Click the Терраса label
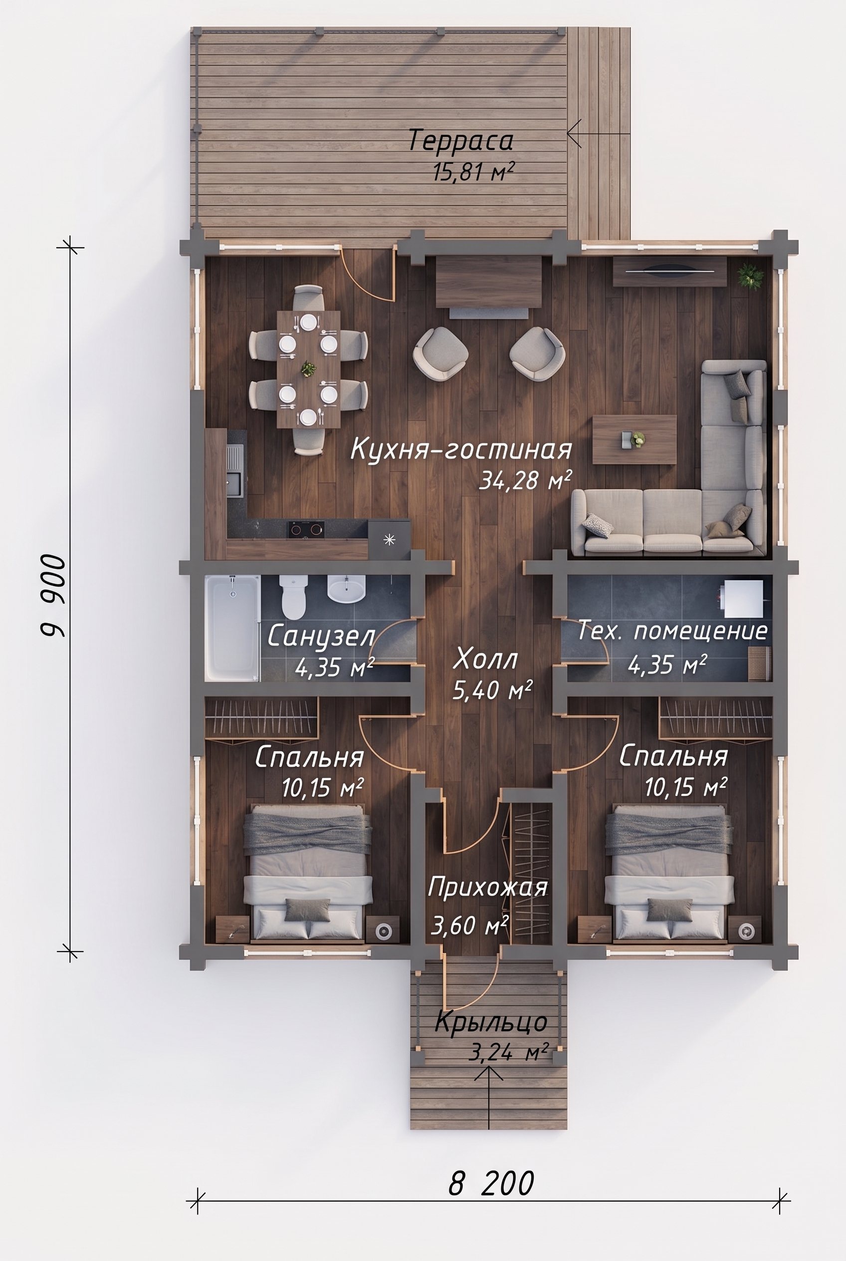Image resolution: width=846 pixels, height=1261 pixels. pos(460,141)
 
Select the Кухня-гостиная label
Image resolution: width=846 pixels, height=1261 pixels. pos(461,449)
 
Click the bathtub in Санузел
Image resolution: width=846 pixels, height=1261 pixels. pos(232,628)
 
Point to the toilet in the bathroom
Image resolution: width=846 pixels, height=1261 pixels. pos(293,596)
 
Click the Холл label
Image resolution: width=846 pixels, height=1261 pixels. pos(485,659)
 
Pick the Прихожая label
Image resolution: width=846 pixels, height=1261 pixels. pos(488,888)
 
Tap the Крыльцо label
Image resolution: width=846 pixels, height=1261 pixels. pos(491,1022)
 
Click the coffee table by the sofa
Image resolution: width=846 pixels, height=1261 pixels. pos(634,439)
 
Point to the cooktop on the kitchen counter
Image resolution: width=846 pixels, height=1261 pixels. pos(305,530)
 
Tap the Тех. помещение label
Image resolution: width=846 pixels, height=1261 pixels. pos(673,630)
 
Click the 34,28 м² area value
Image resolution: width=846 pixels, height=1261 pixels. pos(525,479)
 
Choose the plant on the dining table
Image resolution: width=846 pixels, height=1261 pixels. pos(308,369)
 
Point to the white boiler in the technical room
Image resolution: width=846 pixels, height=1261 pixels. pos(743,598)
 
